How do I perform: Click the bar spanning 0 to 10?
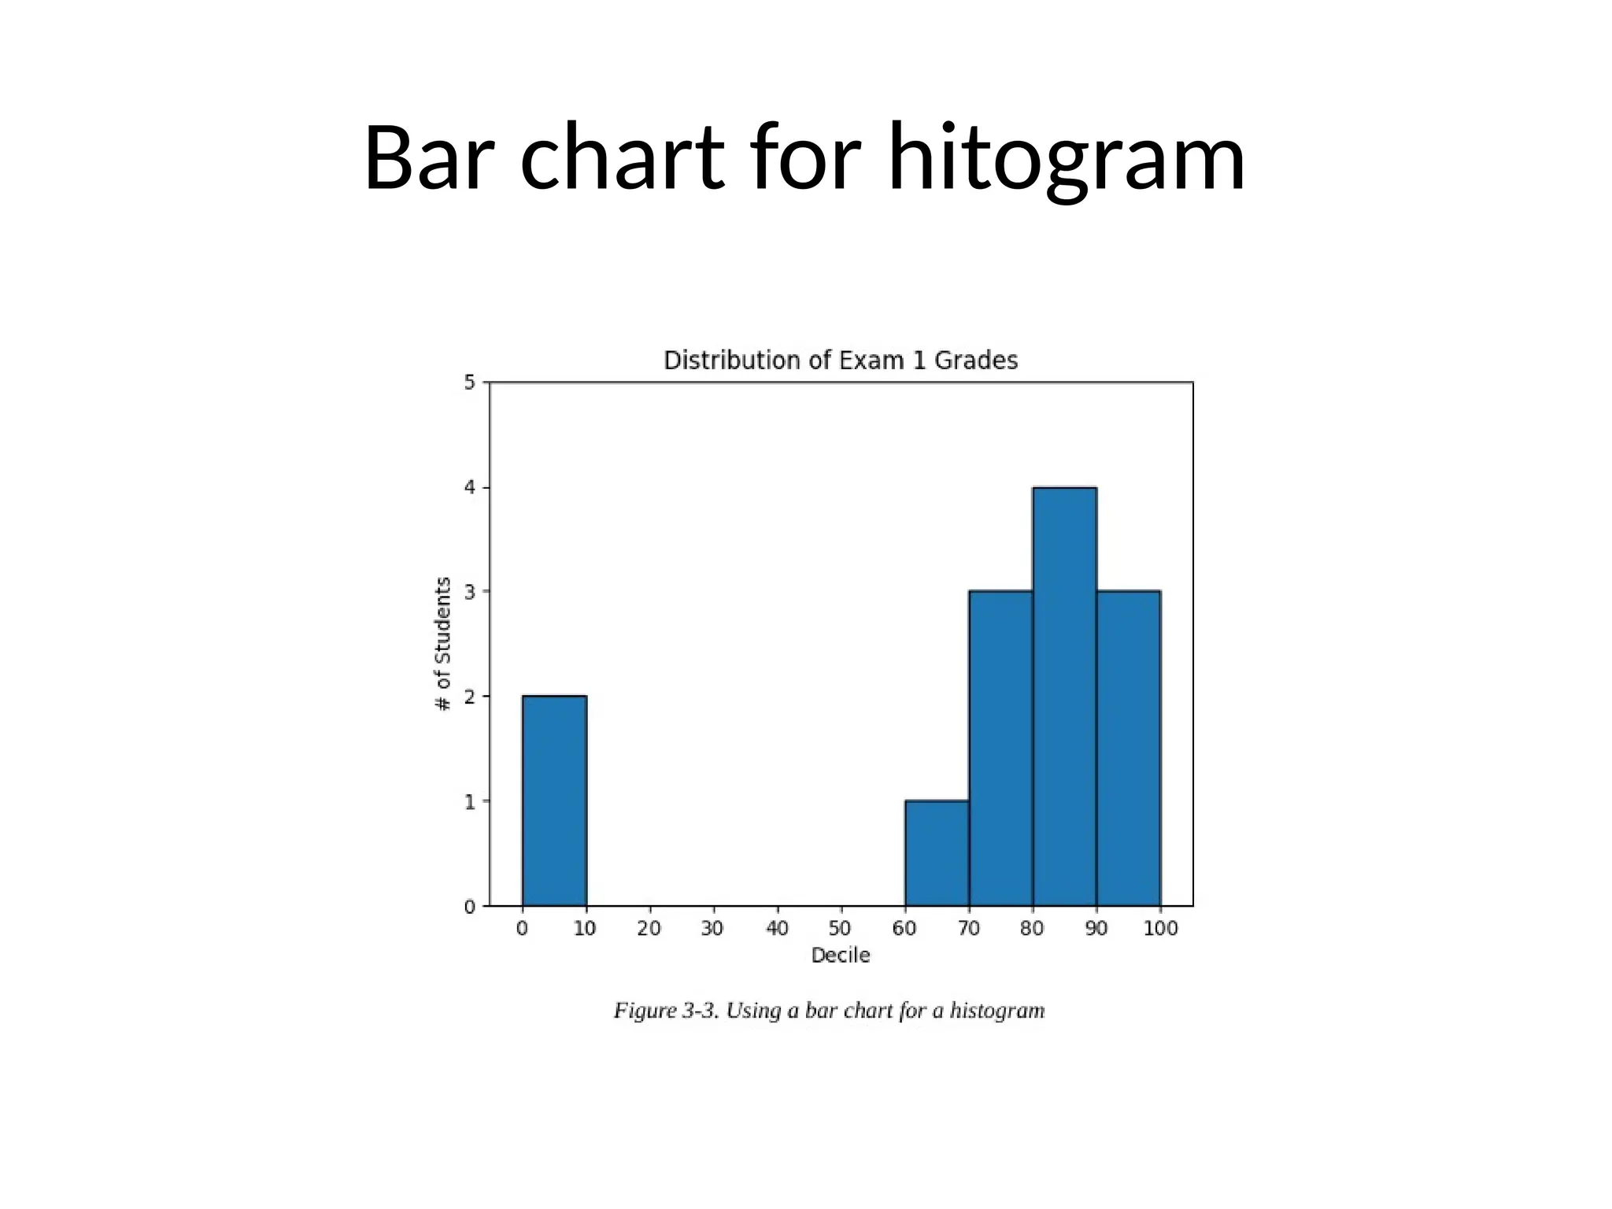pos(554,800)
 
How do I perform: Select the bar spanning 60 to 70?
pos(937,853)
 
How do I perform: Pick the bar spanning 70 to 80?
pos(1000,748)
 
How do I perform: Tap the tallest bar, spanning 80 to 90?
pos(1064,697)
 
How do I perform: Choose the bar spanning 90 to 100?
pos(1128,748)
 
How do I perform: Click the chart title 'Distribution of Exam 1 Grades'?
pos(840,360)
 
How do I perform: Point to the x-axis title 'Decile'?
pos(840,956)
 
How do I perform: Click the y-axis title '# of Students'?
pos(443,644)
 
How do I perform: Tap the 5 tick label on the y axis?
pos(470,383)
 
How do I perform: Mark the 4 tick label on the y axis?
pos(470,488)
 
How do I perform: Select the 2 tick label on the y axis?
pos(470,697)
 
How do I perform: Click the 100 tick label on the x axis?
pos(1160,929)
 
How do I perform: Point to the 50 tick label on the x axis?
pos(840,929)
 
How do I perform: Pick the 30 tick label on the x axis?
pos(712,929)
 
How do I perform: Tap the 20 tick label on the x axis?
pos(649,929)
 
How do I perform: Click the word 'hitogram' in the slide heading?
pos(1067,157)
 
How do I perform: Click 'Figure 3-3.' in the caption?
pos(666,1011)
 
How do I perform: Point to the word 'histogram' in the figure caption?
pos(996,1011)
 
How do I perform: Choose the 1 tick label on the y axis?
pos(470,802)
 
